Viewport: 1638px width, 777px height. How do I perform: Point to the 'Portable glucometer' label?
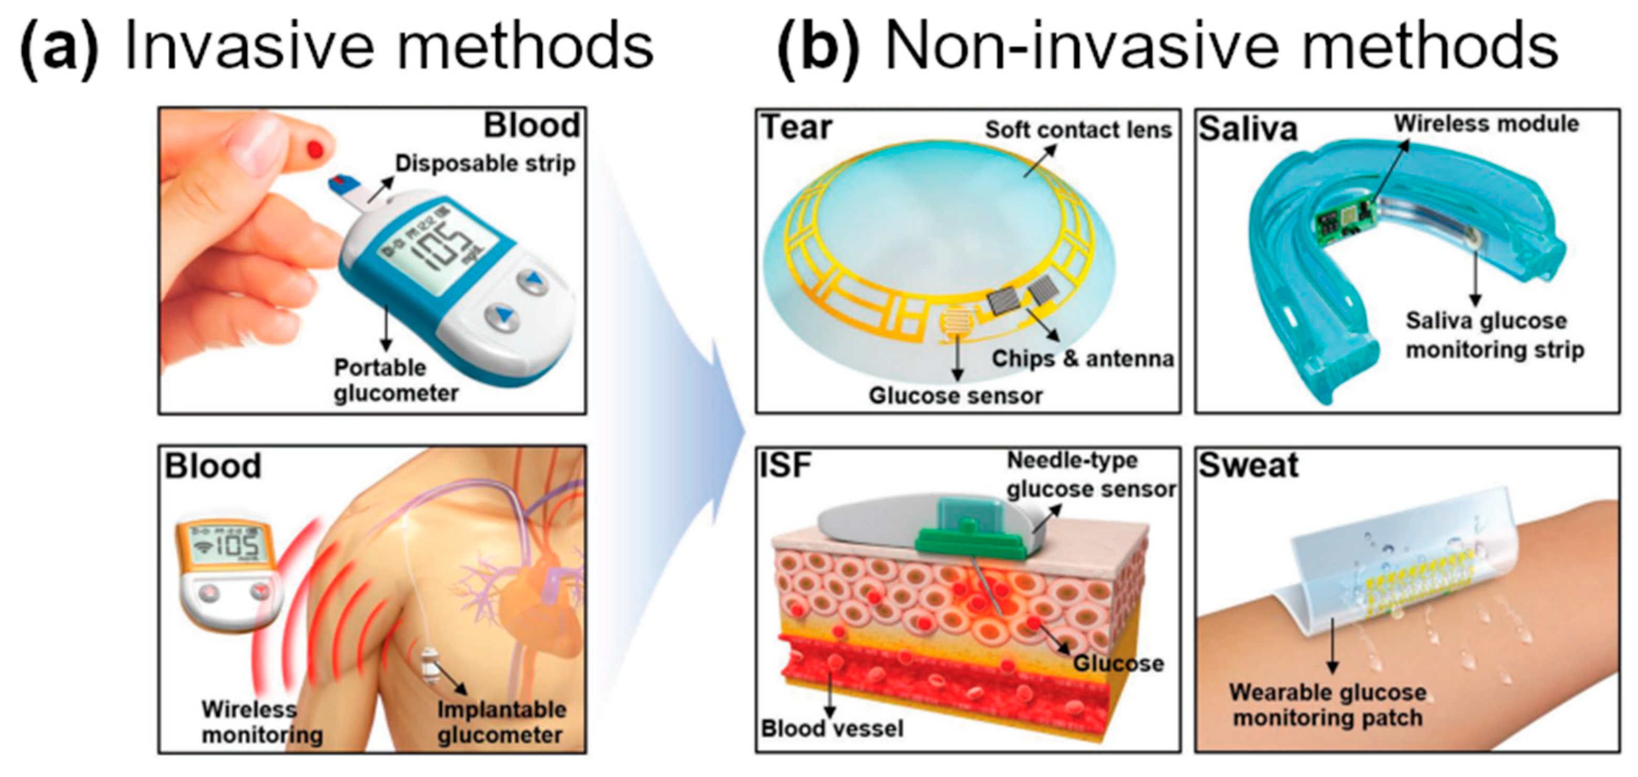click(396, 380)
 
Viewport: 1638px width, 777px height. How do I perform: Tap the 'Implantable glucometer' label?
click(501, 722)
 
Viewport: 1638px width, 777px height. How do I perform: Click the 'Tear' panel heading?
click(796, 127)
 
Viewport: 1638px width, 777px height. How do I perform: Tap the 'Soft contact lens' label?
click(1078, 130)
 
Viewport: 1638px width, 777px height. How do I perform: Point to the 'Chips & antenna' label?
click(1082, 359)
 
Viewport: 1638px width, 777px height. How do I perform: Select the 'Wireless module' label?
click(1486, 123)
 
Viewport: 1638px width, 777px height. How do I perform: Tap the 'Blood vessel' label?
click(832, 728)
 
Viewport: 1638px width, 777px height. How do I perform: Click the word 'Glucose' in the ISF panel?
click(1118, 663)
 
